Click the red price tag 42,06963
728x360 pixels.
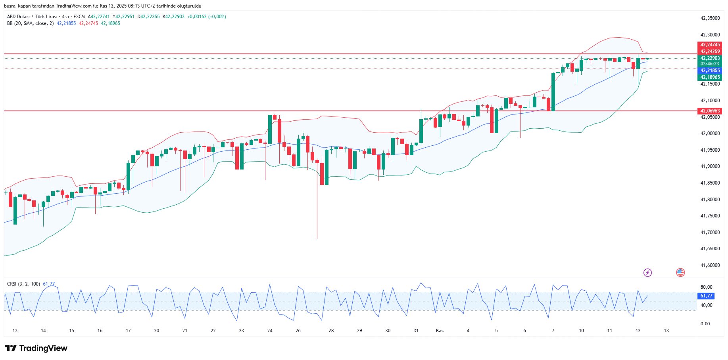tap(710, 111)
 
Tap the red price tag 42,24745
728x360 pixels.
tap(710, 45)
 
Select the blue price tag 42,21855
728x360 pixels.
tap(710, 70)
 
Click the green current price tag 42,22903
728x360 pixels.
tap(710, 58)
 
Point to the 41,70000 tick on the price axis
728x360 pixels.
tap(710, 232)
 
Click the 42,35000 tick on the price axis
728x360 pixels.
tap(710, 18)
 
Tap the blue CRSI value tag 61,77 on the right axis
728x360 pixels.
tap(706, 296)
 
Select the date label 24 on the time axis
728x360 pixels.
tap(270, 331)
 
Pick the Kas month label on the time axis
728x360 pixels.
tap(440, 331)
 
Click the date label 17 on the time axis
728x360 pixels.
tap(128, 331)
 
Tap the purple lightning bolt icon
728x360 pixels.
tap(647, 272)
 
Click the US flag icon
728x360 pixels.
tap(680, 272)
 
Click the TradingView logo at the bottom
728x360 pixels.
tap(36, 348)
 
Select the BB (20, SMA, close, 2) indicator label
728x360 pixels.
tap(30, 23)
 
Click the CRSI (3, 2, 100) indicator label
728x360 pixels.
tap(23, 284)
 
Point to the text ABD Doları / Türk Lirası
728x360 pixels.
tap(32, 17)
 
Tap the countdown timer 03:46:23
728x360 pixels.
tap(710, 64)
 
